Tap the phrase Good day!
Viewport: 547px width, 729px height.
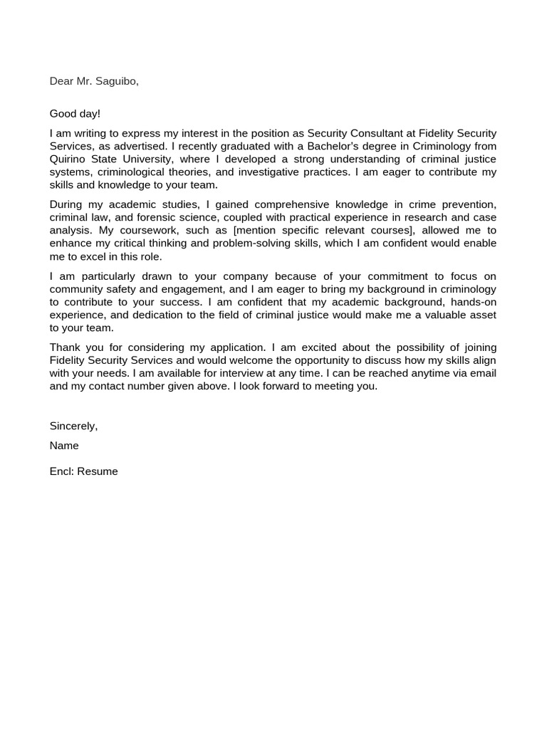tap(75, 114)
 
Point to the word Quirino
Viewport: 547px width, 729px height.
tap(67, 159)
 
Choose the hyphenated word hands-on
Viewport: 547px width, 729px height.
tap(472, 302)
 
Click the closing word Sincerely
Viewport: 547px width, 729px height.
tap(73, 426)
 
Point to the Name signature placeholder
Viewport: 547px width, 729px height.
tap(64, 446)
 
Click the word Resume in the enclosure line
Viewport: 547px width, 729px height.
tap(98, 471)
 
